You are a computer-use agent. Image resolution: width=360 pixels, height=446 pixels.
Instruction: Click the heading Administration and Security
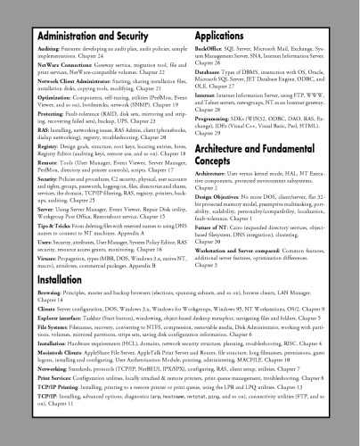coord(81,36)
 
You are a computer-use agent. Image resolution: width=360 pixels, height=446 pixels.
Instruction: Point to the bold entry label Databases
coord(210,72)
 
